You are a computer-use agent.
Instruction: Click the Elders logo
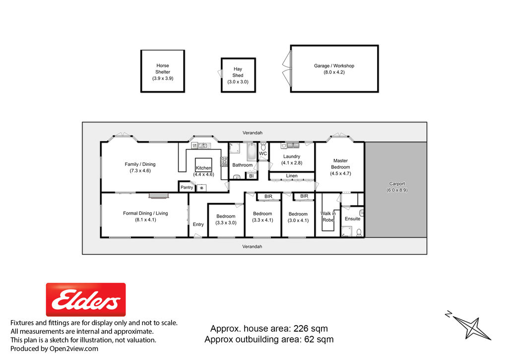pyautogui.click(x=86, y=299)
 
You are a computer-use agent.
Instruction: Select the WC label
pyautogui.click(x=263, y=154)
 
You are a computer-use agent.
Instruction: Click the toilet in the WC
pyautogui.click(x=263, y=146)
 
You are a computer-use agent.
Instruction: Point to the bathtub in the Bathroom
pyautogui.click(x=252, y=152)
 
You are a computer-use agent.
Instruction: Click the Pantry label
pyautogui.click(x=187, y=187)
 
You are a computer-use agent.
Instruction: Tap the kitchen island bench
pyautogui.click(x=203, y=165)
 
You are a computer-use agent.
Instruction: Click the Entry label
pyautogui.click(x=198, y=224)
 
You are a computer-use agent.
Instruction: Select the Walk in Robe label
pyautogui.click(x=328, y=216)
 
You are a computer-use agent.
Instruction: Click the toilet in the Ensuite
pyautogui.click(x=359, y=232)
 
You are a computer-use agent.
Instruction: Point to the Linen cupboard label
pyautogui.click(x=292, y=176)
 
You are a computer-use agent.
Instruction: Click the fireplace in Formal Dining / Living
pyautogui.click(x=159, y=195)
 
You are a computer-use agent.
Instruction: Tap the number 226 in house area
pyautogui.click(x=301, y=329)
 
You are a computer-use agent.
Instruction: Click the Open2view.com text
pyautogui.click(x=73, y=349)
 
